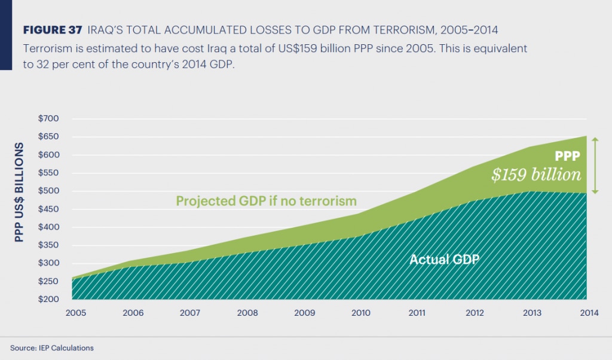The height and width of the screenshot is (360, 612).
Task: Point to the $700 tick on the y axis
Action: [x=48, y=119]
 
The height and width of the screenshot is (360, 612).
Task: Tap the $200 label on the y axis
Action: [x=48, y=299]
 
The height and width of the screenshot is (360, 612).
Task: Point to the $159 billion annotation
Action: [x=535, y=175]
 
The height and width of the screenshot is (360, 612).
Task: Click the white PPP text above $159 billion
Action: [x=567, y=156]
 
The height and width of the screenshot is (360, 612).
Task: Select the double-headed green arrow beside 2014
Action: [x=595, y=164]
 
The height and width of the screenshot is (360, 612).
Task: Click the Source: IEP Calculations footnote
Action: [x=52, y=347]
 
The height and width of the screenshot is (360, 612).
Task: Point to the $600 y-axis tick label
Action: [x=48, y=155]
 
